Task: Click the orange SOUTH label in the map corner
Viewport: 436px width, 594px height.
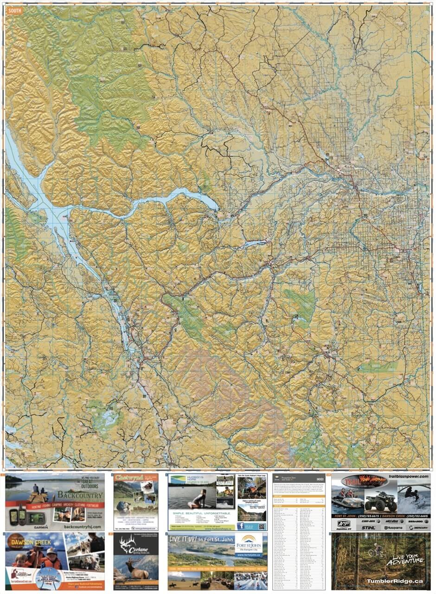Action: (14, 10)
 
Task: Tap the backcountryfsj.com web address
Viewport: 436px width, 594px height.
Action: (83, 526)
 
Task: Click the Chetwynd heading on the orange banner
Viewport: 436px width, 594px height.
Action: (124, 478)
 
